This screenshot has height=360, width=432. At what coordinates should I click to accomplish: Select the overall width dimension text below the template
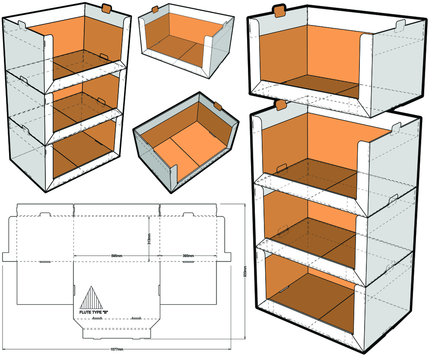[119, 352]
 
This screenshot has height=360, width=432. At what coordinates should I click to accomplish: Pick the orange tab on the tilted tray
[216, 103]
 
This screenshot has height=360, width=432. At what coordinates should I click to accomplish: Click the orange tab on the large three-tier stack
[280, 102]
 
